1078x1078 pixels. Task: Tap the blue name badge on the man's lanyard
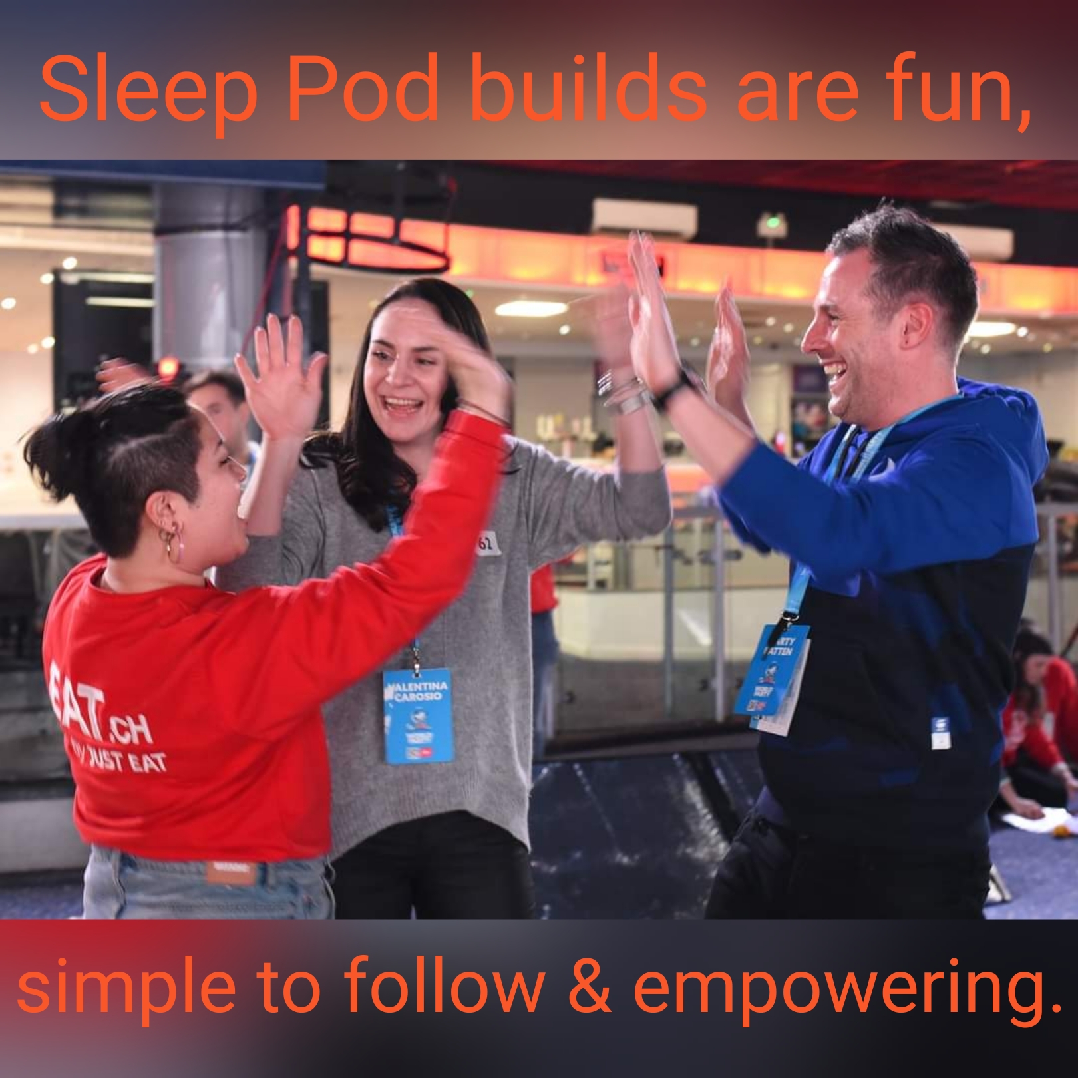(x=772, y=669)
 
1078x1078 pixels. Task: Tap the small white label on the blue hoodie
(x=940, y=732)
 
